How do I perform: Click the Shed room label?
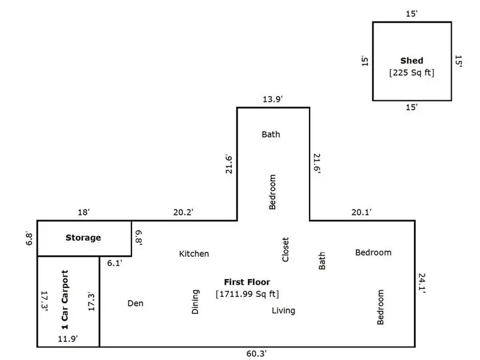pyautogui.click(x=412, y=61)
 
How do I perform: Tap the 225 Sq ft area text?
pyautogui.click(x=412, y=73)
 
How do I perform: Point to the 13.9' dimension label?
pyautogui.click(x=273, y=99)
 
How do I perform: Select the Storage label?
pyautogui.click(x=83, y=238)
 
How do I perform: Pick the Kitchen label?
pyautogui.click(x=194, y=254)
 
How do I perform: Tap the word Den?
pyautogui.click(x=136, y=304)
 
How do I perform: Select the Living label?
pyautogui.click(x=283, y=310)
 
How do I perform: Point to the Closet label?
pyautogui.click(x=286, y=249)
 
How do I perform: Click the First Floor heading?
pyautogui.click(x=247, y=281)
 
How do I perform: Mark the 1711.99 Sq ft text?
pyautogui.click(x=247, y=294)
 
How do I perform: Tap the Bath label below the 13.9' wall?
pyautogui.click(x=271, y=134)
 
